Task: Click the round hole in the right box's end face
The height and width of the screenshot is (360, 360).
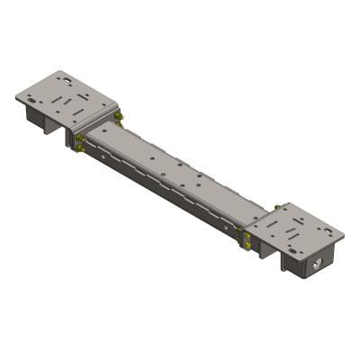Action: [316, 266]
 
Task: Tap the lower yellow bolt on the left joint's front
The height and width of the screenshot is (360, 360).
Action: [84, 150]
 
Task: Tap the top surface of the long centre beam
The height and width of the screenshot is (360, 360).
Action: [171, 171]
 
